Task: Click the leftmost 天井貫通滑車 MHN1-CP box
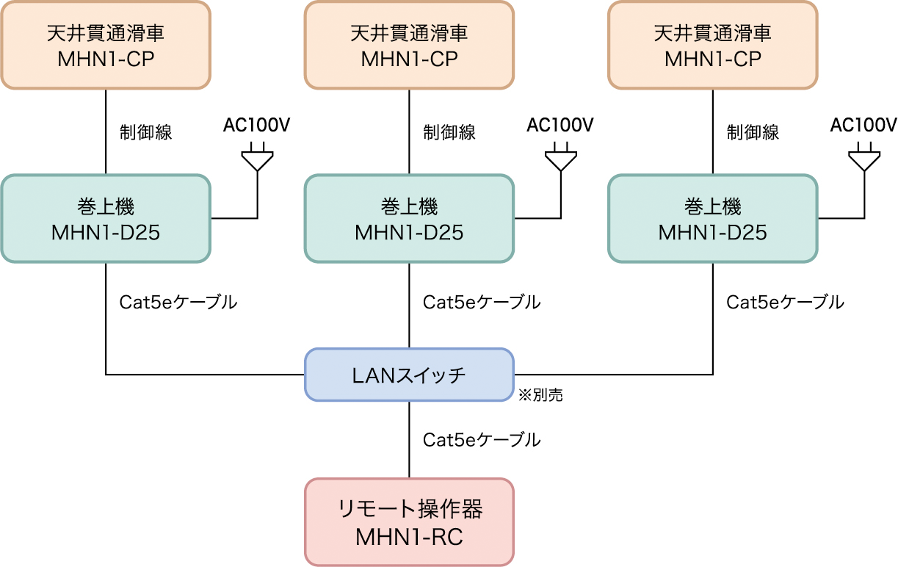(x=106, y=45)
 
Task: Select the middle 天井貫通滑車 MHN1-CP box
(x=409, y=45)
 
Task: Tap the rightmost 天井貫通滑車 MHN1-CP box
(x=713, y=45)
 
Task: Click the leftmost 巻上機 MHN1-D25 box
(x=106, y=218)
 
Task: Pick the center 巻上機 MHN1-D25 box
(x=409, y=218)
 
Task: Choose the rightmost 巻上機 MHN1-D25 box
(x=713, y=218)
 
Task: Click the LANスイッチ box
(x=409, y=375)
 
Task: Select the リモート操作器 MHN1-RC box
(x=409, y=522)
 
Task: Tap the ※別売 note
(x=541, y=395)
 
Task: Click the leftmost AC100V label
(x=257, y=125)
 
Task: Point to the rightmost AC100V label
(x=863, y=125)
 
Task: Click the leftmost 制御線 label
(x=146, y=133)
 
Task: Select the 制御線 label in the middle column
(x=449, y=133)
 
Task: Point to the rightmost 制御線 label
(x=753, y=133)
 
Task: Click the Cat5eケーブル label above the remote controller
(x=482, y=440)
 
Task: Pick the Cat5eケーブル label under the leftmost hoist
(x=178, y=302)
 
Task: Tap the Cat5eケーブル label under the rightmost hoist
(x=785, y=302)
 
